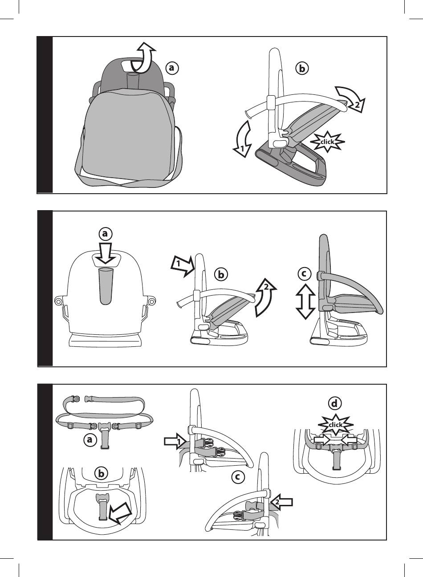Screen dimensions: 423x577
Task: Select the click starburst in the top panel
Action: coord(327,142)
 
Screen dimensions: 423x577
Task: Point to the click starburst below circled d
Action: coord(335,425)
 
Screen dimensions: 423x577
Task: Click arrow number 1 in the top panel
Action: coord(243,139)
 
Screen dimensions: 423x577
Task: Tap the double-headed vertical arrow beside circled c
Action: coord(305,301)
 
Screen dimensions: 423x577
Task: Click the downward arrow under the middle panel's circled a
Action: coord(106,253)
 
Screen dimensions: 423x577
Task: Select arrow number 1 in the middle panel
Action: coord(183,266)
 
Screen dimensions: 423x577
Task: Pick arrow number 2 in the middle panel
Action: coord(265,297)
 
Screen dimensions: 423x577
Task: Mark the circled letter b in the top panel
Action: coord(302,69)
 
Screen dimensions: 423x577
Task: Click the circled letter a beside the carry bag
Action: coord(172,68)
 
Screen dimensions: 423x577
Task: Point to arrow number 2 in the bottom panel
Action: coord(281,502)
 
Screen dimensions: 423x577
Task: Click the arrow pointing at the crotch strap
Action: coord(120,513)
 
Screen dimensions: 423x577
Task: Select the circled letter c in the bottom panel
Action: coord(238,477)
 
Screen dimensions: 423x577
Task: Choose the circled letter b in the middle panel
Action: coord(221,275)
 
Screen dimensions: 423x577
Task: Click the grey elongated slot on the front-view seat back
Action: coord(106,286)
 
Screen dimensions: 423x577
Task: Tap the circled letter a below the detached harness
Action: coord(89,439)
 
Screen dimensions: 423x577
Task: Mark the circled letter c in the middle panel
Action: coord(304,273)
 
